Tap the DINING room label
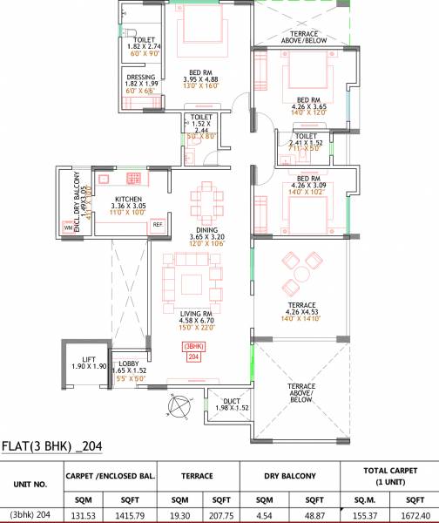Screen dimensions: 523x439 coord(206,229)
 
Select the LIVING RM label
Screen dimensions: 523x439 coord(195,313)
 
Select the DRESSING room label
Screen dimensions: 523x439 coord(140,77)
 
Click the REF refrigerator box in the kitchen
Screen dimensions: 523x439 coord(158,225)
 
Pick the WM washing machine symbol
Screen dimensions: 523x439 coord(68,228)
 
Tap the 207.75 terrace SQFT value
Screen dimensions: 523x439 coord(222,514)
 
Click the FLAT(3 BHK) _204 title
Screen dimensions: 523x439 coord(52,447)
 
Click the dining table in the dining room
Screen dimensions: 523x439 coord(206,197)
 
